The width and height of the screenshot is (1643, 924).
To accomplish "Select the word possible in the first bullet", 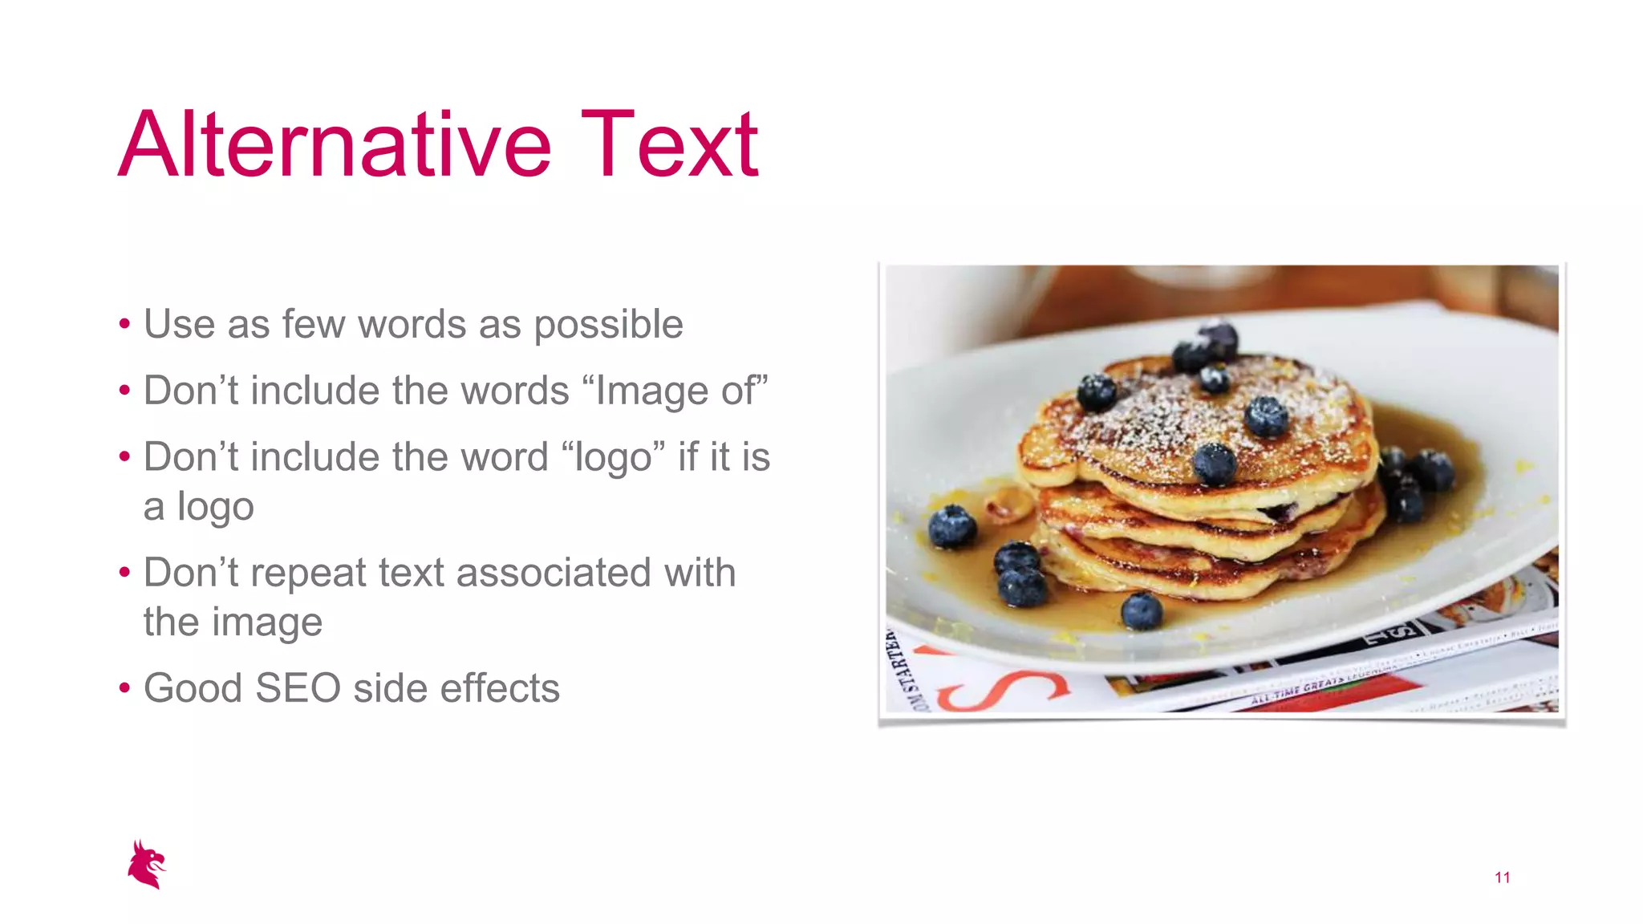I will click(608, 326).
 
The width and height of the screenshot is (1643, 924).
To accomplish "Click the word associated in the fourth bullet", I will click(554, 573).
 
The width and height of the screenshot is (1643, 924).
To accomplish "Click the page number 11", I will click(1502, 877).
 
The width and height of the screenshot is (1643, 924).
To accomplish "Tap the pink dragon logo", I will click(147, 865).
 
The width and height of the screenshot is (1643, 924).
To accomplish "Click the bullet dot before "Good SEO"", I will click(124, 689).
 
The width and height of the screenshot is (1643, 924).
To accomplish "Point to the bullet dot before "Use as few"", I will click(124, 325).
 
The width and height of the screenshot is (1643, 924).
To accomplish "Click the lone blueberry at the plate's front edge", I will click(1141, 611).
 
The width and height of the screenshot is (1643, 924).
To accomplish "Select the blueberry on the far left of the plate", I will click(952, 526).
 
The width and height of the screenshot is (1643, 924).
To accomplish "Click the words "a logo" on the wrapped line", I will click(198, 507).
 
